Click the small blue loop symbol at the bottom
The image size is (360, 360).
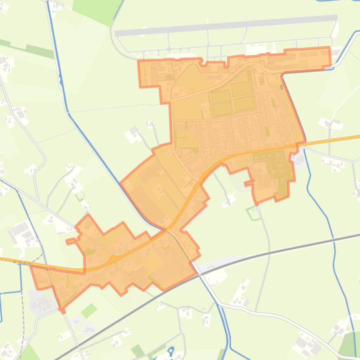[171, 350]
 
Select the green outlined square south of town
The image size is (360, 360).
[254, 213]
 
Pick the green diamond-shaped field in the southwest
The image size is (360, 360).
[89, 310]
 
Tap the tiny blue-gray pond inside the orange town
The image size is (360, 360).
[282, 86]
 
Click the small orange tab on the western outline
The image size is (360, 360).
[70, 241]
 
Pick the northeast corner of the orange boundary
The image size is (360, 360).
[329, 49]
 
